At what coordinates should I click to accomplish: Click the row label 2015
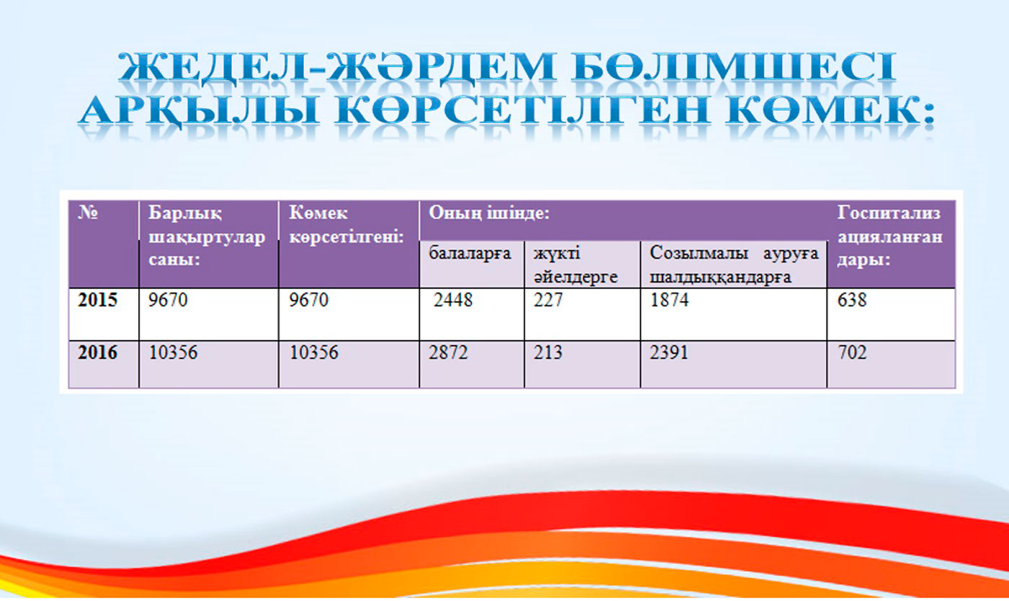click(x=97, y=300)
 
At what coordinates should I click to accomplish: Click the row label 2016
click(x=97, y=352)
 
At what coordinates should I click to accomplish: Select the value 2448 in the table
click(x=453, y=300)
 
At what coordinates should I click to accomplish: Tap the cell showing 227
click(x=548, y=300)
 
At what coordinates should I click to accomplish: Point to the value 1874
click(x=670, y=300)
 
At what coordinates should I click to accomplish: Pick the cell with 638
click(x=852, y=300)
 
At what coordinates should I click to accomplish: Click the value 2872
click(x=448, y=352)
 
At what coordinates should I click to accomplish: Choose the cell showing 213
click(x=548, y=352)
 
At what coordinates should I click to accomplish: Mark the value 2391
click(x=670, y=352)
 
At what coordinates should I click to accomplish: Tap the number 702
click(x=852, y=352)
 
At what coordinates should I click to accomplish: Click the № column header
click(x=88, y=213)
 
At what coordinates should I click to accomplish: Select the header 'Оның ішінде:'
click(x=489, y=213)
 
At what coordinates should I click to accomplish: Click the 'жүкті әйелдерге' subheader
click(x=576, y=265)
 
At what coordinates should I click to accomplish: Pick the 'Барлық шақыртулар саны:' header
click(x=207, y=236)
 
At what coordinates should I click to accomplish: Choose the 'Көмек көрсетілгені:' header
click(x=347, y=225)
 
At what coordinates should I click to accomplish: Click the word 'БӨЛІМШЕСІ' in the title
click(x=735, y=67)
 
